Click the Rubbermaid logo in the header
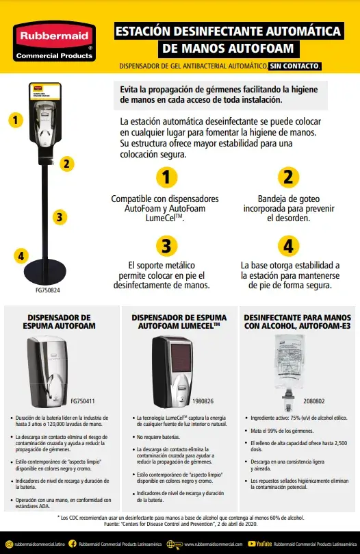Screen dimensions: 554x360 click(x=54, y=43)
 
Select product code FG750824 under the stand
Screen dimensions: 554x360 click(x=47, y=290)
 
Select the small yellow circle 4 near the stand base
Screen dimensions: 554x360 click(x=21, y=256)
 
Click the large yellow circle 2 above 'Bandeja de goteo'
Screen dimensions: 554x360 click(x=288, y=177)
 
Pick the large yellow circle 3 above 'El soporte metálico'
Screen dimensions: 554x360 click(x=165, y=244)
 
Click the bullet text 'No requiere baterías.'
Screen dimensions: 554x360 click(x=160, y=436)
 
